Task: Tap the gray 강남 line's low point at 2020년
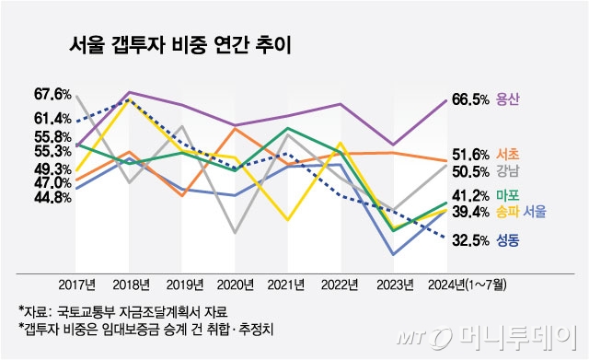coord(235,233)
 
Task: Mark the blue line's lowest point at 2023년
coord(394,254)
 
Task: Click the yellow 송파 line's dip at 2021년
coord(288,220)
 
